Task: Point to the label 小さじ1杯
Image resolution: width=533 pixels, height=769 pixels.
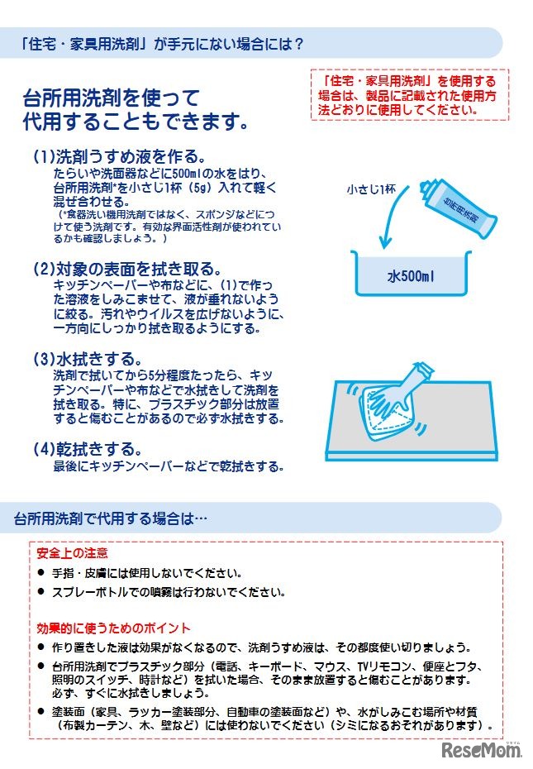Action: [371, 189]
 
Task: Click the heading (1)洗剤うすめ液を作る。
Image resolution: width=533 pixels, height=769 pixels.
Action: [118, 156]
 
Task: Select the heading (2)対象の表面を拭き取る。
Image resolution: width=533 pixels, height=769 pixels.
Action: [127, 269]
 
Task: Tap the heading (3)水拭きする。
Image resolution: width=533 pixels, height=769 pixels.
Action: [88, 360]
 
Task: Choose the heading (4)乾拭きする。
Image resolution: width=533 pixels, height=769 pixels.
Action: [88, 449]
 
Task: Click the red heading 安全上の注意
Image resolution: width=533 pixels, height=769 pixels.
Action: [73, 553]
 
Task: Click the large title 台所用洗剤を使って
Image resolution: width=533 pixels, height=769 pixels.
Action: [112, 99]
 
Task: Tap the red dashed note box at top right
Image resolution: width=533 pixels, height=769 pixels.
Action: [409, 94]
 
